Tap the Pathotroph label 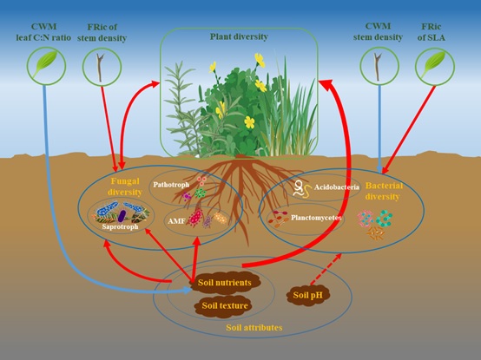pos(170,184)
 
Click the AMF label pos(176,221)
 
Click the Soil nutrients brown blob pos(225,283)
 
